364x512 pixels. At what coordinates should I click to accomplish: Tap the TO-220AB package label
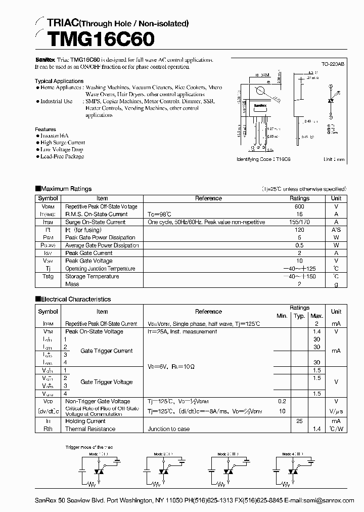[x=333, y=65]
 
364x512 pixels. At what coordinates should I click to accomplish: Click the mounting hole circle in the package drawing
[x=261, y=92]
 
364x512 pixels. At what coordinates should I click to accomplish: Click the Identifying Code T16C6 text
[x=267, y=159]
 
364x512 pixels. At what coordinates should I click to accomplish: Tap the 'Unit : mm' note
[x=334, y=159]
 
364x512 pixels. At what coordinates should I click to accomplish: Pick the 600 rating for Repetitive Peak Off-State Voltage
[x=299, y=206]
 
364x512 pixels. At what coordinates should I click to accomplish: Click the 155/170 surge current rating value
[x=299, y=222]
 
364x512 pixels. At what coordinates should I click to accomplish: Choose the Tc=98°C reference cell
[x=159, y=215]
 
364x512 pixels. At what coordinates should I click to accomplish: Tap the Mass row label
[x=72, y=284]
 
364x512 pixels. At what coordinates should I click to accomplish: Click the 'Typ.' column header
[x=299, y=316]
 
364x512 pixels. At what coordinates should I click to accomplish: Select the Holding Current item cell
[x=85, y=421]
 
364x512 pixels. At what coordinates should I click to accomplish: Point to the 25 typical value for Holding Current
[x=299, y=421]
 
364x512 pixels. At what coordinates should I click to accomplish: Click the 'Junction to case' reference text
[x=169, y=429]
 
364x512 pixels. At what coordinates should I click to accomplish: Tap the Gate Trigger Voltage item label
[x=107, y=382]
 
